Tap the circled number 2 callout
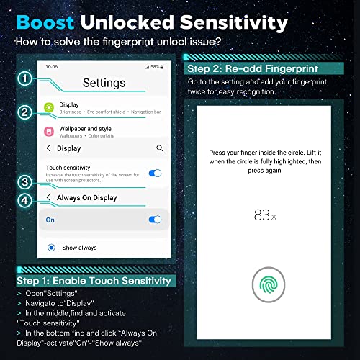tap(24, 112)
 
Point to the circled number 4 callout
tap(24, 200)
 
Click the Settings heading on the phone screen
tap(104, 83)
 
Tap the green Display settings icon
tap(49, 108)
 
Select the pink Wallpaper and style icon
tap(49, 132)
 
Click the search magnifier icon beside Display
tap(159, 148)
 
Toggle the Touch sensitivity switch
tap(154, 173)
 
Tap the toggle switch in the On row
tap(154, 220)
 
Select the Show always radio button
tap(51, 248)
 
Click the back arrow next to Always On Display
tap(48, 197)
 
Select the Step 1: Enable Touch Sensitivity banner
tap(94, 280)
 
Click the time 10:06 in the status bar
tap(51, 66)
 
